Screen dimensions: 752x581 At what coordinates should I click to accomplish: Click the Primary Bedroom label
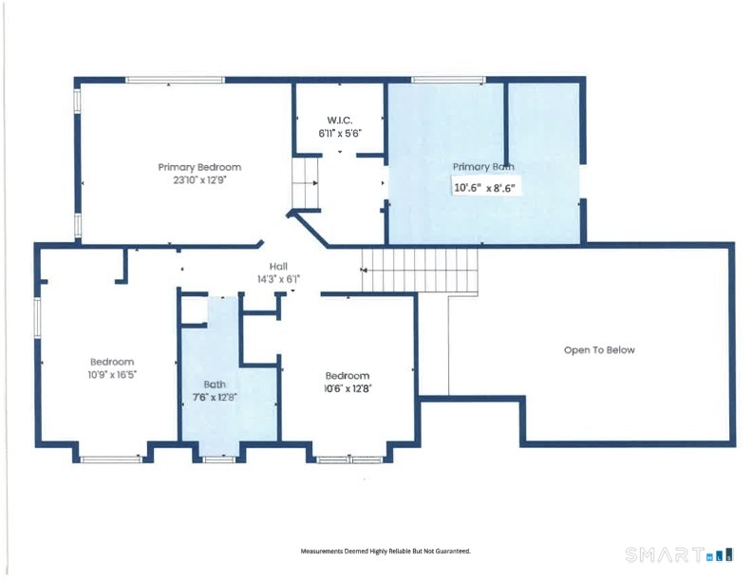click(199, 167)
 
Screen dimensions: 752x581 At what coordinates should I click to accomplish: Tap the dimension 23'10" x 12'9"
click(199, 180)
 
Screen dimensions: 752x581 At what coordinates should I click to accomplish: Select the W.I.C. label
click(340, 121)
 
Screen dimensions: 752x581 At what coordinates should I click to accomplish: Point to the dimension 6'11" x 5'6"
click(340, 133)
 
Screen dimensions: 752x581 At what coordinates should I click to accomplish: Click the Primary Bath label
click(483, 167)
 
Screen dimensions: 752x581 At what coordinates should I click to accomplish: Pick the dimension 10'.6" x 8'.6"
click(484, 187)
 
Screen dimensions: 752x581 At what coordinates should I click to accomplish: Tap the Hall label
click(278, 267)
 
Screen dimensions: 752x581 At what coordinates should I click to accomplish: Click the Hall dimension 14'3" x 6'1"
click(278, 279)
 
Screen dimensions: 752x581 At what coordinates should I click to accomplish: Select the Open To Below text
click(599, 350)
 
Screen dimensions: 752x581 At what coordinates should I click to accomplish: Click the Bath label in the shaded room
click(215, 384)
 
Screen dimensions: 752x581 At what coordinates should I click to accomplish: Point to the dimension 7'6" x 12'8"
click(215, 398)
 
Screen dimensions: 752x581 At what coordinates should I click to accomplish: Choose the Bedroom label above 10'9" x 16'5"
click(112, 362)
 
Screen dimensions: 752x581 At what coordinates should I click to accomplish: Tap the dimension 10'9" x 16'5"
click(112, 374)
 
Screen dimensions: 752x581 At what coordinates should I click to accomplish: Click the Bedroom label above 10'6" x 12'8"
click(348, 376)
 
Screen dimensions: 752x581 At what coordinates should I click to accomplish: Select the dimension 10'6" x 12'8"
click(348, 389)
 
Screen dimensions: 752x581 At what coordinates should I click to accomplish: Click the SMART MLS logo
click(679, 554)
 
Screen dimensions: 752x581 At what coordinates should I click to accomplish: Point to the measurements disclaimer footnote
click(385, 552)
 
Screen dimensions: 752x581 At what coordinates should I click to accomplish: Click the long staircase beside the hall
click(420, 270)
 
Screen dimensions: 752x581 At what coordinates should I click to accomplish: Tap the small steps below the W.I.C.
click(306, 183)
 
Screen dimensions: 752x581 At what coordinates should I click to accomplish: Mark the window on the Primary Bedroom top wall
click(175, 80)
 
